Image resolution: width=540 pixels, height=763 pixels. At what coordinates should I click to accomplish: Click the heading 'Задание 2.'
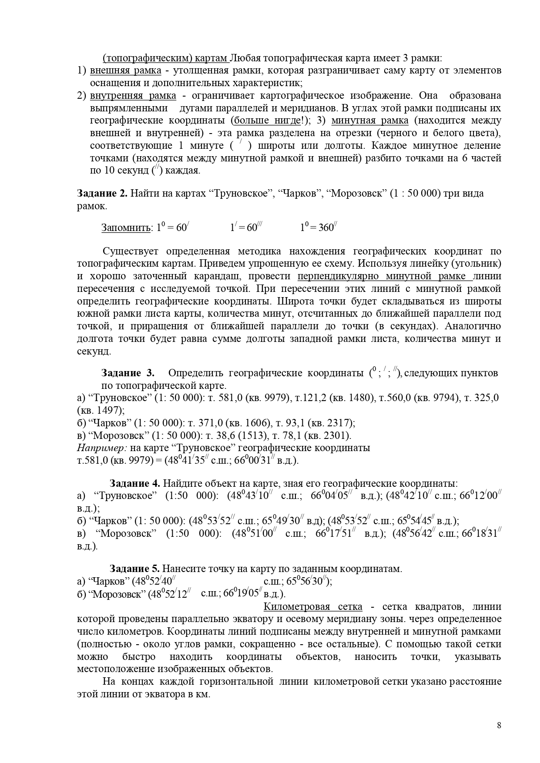coord(102,194)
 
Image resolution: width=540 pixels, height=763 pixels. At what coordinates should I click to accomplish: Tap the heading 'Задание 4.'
coord(135,483)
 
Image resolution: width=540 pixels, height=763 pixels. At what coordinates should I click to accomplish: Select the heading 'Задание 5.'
coord(135,569)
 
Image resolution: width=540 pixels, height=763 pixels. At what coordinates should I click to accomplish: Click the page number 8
coord(499,725)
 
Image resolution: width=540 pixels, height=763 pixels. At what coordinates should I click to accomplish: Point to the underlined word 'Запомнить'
coord(126,228)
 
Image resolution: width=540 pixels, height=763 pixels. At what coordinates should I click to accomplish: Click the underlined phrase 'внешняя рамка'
coord(125,70)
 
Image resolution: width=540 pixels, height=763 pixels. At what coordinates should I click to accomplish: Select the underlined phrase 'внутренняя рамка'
coord(133,96)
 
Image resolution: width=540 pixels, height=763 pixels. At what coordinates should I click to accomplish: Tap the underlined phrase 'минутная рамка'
coord(370,121)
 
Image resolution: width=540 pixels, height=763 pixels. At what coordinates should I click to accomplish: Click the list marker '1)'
coord(81,70)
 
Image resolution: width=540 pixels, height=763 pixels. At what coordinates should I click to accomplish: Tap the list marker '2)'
coord(81,96)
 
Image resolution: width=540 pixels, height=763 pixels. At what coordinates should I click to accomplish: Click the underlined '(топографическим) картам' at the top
coord(165,58)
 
